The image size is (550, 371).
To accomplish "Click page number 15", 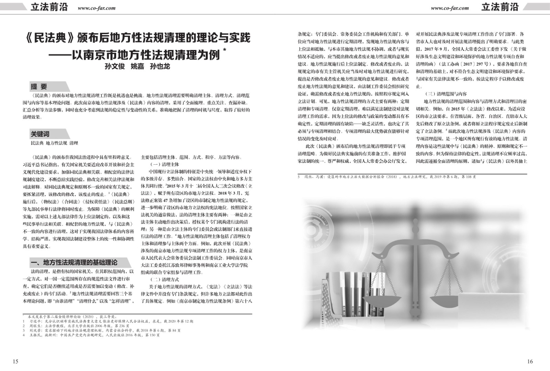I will (15, 361).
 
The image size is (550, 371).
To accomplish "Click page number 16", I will (530, 361).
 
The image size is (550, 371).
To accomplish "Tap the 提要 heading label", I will (39, 86).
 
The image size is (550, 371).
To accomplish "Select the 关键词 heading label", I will (40, 134).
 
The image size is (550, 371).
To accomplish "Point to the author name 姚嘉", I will (137, 66).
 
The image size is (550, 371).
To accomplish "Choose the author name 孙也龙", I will (160, 66).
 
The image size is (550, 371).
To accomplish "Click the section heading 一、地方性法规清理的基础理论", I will (74, 263).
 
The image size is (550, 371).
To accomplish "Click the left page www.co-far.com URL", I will (97, 8).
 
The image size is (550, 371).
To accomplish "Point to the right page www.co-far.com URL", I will (450, 8).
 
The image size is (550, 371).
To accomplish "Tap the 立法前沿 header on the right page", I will (499, 7).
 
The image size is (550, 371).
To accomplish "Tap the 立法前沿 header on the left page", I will (49, 7).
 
